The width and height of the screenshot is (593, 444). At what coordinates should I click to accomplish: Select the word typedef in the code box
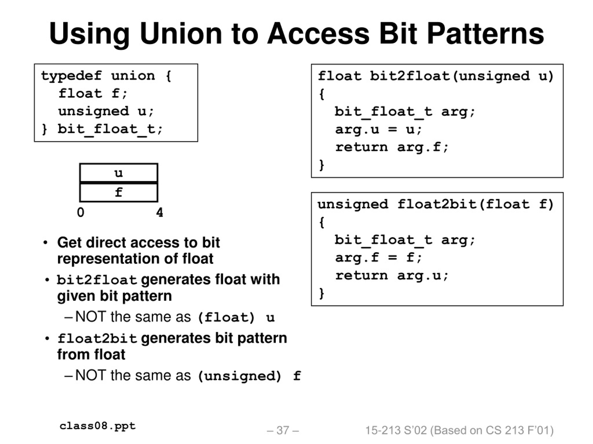click(71, 76)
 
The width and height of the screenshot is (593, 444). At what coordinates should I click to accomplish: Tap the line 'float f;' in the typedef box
click(93, 94)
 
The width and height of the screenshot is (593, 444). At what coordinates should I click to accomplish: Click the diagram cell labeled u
click(119, 173)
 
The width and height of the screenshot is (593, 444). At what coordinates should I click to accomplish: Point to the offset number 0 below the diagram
click(80, 213)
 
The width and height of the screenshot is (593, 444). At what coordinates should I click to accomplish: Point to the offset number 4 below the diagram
click(160, 213)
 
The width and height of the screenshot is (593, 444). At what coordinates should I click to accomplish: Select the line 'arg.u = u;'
click(379, 130)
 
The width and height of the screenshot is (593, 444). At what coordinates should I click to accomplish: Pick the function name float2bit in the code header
click(437, 204)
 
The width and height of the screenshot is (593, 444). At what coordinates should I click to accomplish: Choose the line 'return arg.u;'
click(392, 276)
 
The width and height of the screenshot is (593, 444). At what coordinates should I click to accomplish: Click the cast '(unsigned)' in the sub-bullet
click(239, 376)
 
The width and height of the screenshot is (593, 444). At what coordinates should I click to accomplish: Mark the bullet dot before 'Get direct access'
click(45, 243)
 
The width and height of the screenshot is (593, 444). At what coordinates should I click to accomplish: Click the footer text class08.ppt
click(98, 426)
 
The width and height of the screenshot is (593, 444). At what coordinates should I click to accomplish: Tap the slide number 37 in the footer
click(283, 430)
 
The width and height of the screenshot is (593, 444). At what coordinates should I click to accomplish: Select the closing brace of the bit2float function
click(322, 165)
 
